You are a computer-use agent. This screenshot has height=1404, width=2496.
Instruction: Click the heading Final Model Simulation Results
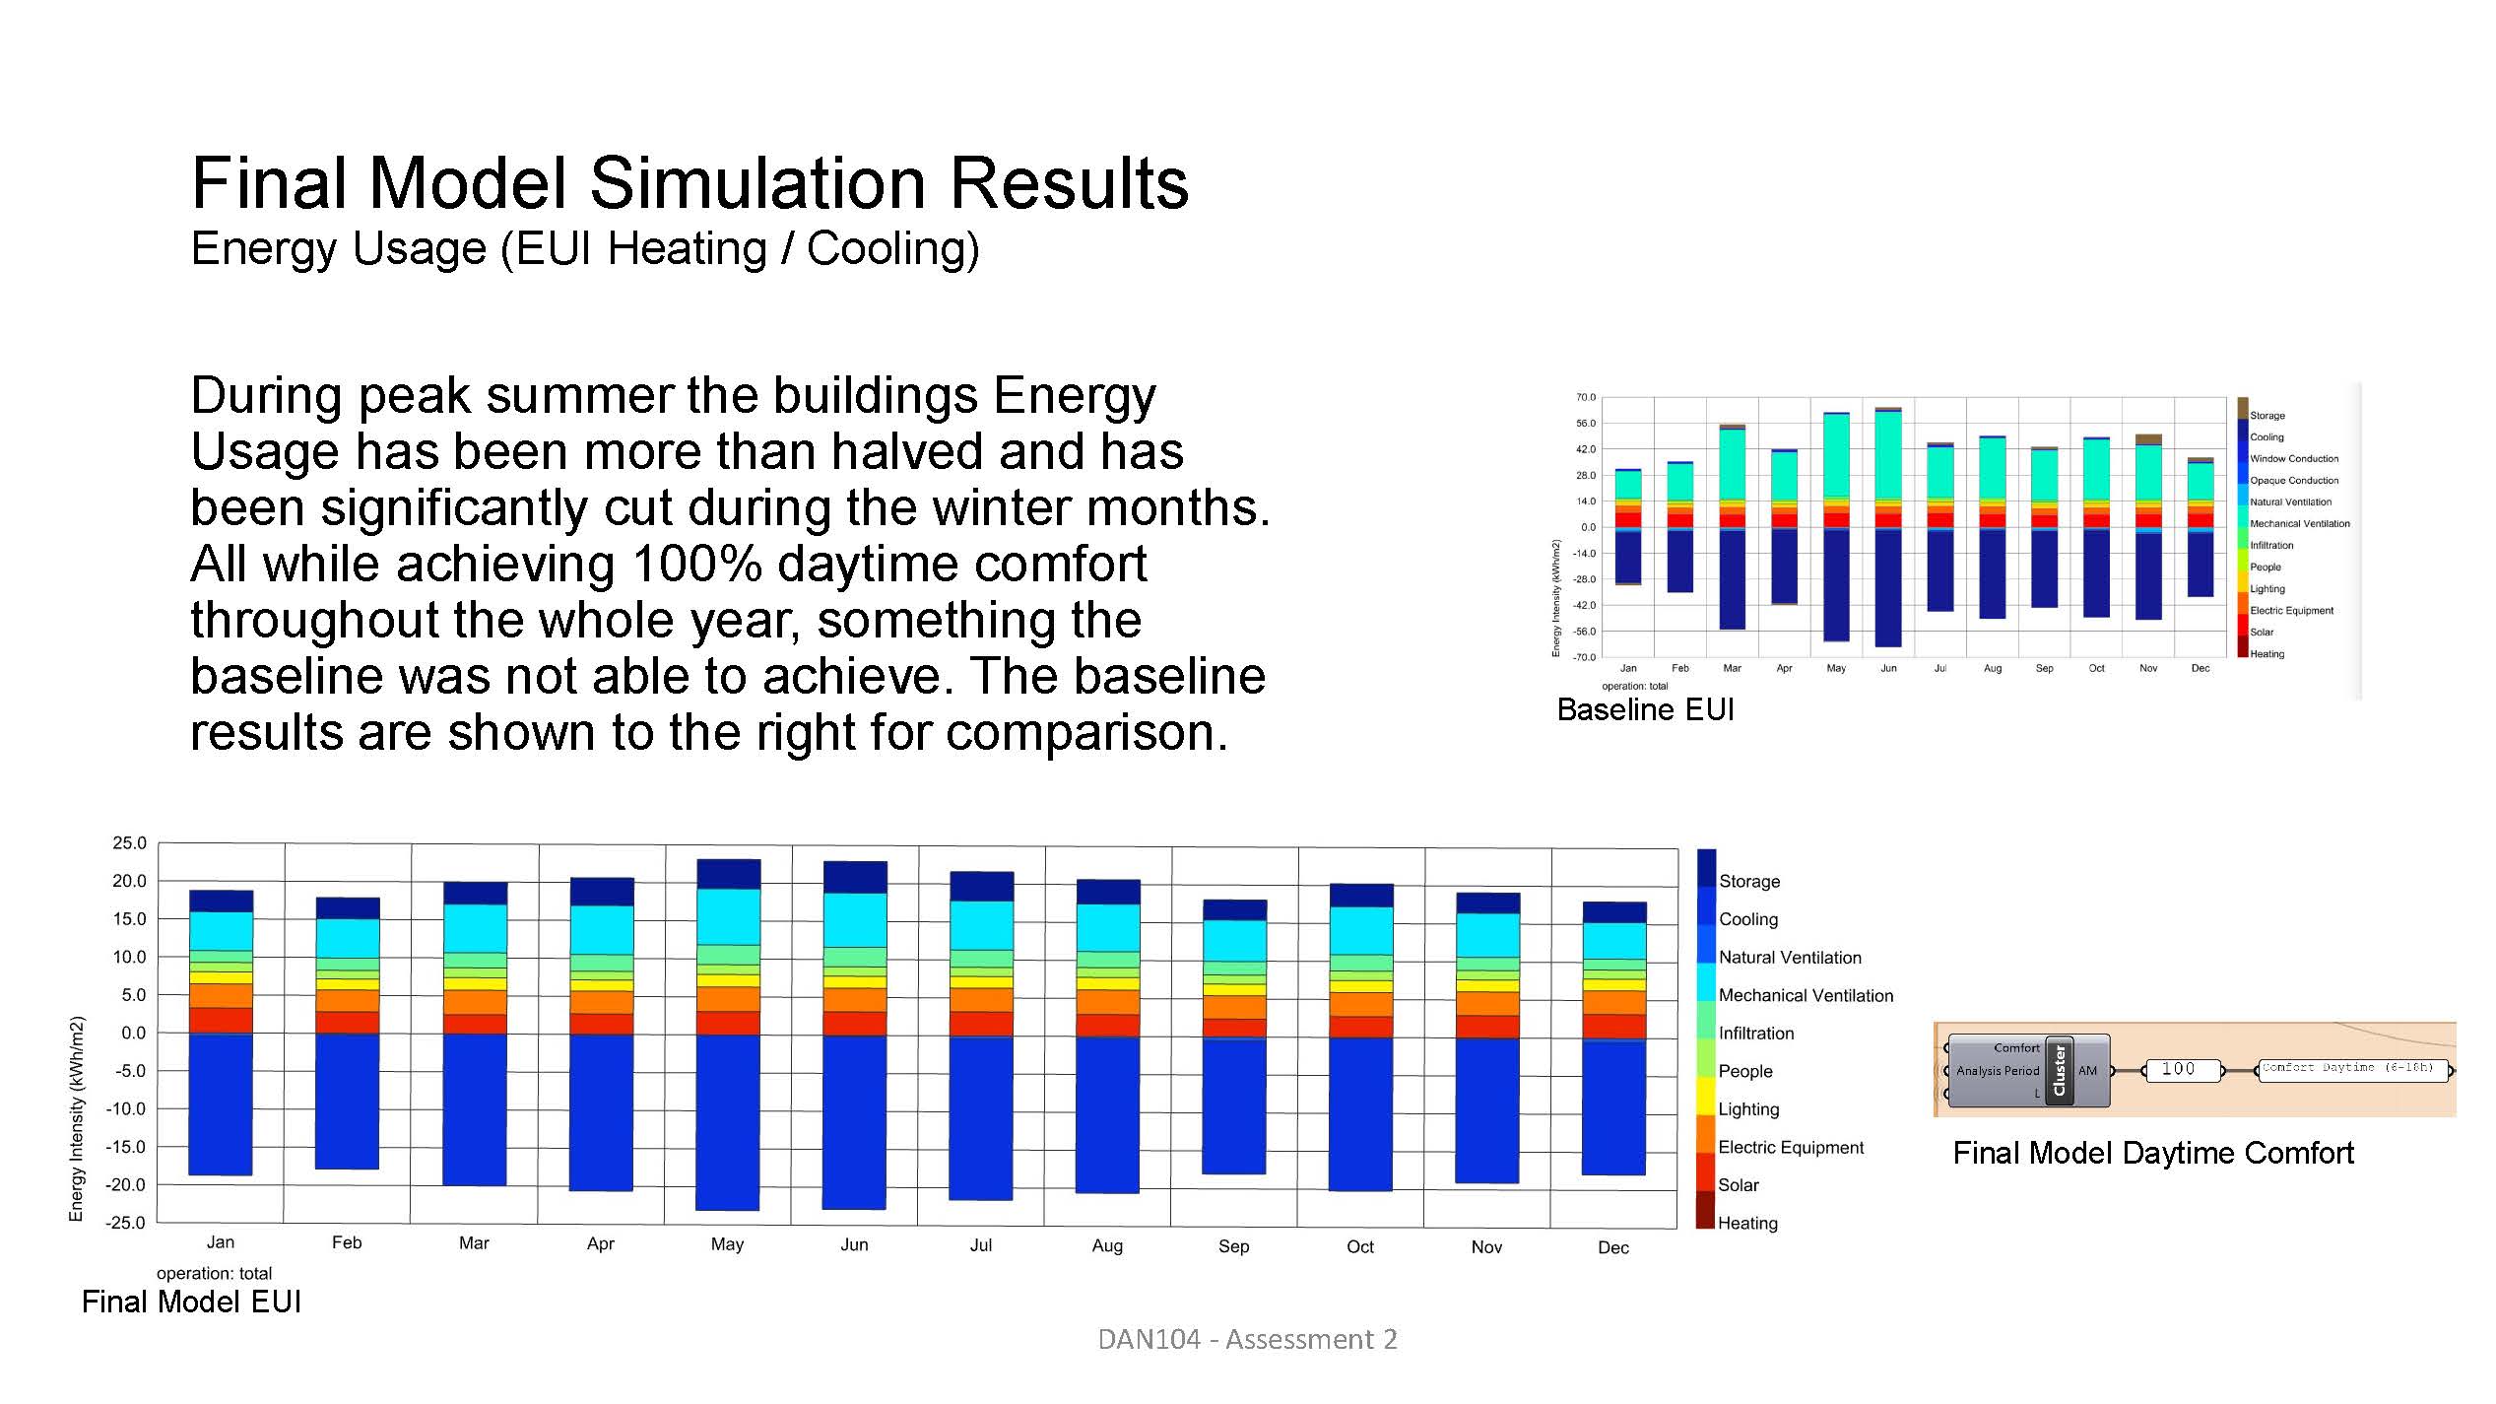coord(690,183)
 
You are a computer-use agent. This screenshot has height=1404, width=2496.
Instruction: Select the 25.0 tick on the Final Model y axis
coord(129,843)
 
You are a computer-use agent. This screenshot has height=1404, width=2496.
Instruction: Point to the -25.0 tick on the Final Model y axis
coord(127,1223)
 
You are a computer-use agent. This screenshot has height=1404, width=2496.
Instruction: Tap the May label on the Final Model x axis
coord(727,1244)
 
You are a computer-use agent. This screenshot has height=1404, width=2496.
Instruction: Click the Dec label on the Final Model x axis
coord(1612,1247)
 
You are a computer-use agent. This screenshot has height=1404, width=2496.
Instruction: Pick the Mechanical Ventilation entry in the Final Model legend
coord(1805,995)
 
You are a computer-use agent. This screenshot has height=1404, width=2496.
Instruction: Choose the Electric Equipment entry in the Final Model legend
coord(1790,1147)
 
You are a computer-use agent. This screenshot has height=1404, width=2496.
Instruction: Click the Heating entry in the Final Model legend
coord(1747,1223)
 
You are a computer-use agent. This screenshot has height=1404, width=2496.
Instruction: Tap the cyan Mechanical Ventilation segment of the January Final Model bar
coord(221,930)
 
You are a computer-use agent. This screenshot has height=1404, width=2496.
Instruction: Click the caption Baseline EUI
coord(1645,709)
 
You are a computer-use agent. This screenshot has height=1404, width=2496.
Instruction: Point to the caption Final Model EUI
coord(191,1302)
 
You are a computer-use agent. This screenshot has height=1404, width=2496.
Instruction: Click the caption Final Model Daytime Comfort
coord(2153,1153)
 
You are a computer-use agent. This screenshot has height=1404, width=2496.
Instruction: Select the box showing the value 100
coord(2180,1070)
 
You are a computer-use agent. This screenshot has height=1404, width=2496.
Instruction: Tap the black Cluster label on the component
coord(2059,1071)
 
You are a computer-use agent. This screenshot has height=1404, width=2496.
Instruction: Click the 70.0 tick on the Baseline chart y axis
coord(1585,397)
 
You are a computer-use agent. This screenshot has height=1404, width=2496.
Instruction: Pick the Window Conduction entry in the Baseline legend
coord(2293,458)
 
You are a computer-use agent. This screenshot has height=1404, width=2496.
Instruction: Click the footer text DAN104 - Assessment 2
coord(1247,1339)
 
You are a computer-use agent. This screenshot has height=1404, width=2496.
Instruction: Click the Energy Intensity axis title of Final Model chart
coord(76,1118)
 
